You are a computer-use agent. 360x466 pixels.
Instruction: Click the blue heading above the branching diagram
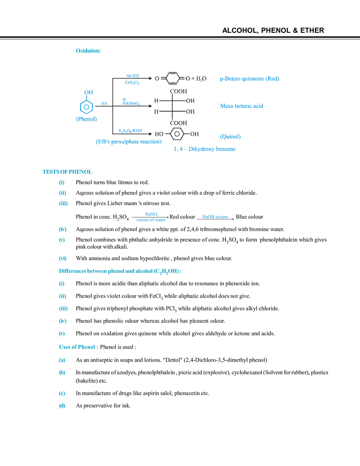87,51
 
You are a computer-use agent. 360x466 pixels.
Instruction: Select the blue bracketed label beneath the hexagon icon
86,119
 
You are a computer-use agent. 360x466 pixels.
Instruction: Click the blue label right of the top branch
250,79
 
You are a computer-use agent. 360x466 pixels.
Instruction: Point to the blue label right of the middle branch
242,106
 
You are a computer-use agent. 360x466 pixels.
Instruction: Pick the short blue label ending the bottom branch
230,136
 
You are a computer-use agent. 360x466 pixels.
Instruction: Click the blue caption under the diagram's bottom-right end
205,150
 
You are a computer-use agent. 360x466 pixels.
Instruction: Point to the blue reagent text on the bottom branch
130,131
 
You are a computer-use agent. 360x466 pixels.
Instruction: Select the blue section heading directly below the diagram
67,172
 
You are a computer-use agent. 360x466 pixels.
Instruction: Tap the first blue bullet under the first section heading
61,182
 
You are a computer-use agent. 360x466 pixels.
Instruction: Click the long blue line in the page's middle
119,271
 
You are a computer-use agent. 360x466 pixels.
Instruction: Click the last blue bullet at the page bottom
62,407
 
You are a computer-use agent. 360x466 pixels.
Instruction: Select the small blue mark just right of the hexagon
103,102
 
